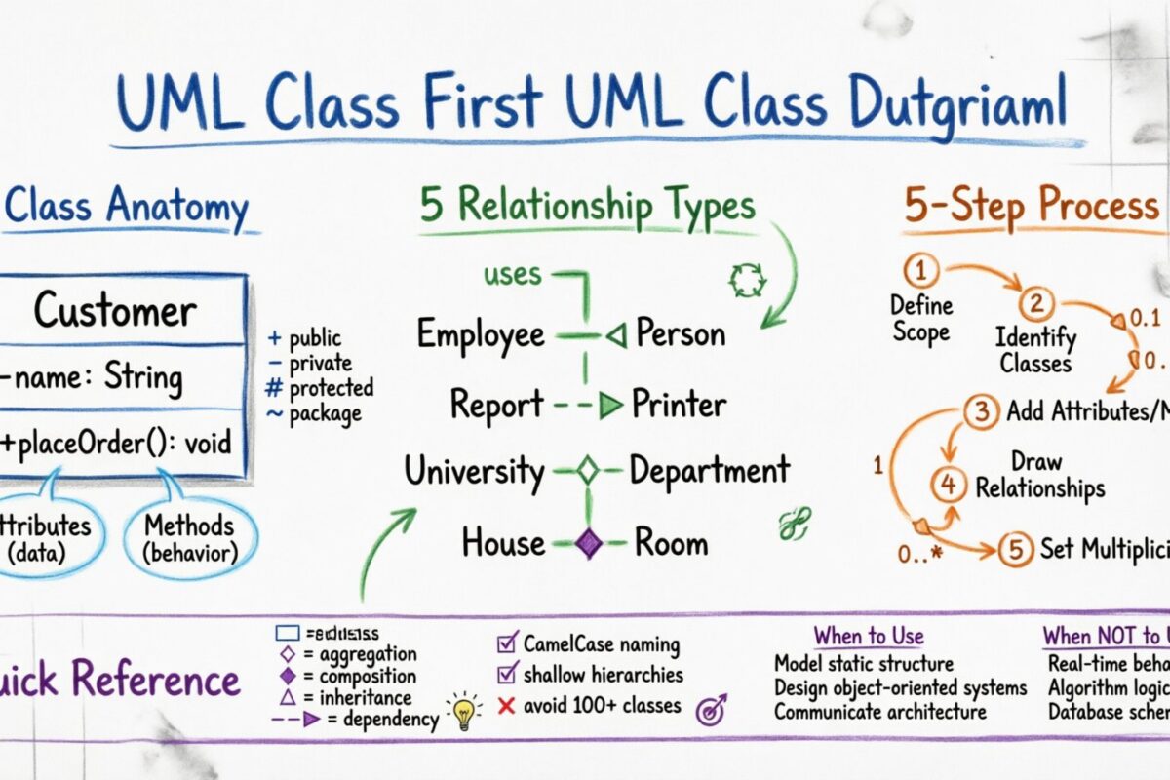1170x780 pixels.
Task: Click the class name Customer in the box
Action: click(115, 311)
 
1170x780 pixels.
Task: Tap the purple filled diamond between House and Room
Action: click(588, 543)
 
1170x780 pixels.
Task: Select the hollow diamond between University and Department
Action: click(587, 472)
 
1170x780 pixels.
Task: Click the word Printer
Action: click(679, 403)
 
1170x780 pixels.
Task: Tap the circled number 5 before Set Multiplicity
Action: click(1014, 549)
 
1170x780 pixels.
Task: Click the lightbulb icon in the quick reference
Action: click(463, 712)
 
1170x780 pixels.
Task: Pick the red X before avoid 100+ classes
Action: click(506, 705)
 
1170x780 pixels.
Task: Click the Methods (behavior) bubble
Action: click(191, 538)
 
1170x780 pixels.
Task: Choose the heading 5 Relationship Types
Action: click(587, 207)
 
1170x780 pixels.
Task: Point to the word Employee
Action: click(481, 334)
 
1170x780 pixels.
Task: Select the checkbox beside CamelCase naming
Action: click(507, 643)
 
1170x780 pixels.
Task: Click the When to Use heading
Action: click(868, 637)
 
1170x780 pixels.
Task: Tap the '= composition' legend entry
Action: click(347, 676)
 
